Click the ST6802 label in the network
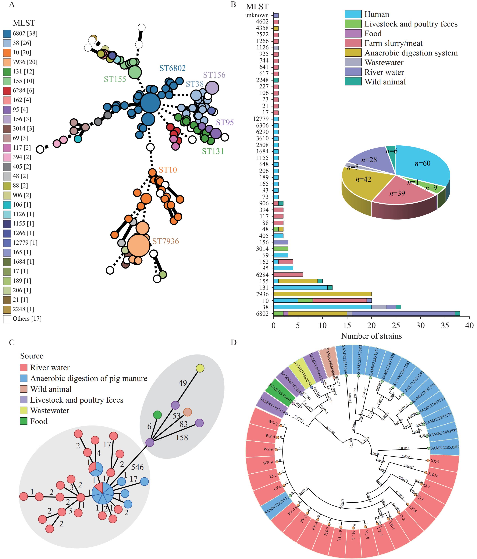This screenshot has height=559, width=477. pyautogui.click(x=172, y=68)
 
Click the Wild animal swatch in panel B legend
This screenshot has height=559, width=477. pyautogui.click(x=353, y=82)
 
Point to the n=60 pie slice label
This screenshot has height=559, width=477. pyautogui.click(x=422, y=163)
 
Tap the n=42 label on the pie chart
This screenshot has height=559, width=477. pyautogui.click(x=363, y=179)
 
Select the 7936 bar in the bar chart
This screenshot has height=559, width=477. pyautogui.click(x=322, y=294)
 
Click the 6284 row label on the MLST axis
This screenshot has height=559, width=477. pyautogui.click(x=262, y=275)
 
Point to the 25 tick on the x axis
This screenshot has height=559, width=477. pyautogui.click(x=396, y=326)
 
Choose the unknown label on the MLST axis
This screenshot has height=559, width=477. pyautogui.click(x=257, y=15)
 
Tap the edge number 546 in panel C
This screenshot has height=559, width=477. pyautogui.click(x=137, y=467)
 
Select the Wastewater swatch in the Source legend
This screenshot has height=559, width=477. pyautogui.click(x=24, y=411)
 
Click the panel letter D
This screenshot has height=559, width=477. pyautogui.click(x=234, y=342)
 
